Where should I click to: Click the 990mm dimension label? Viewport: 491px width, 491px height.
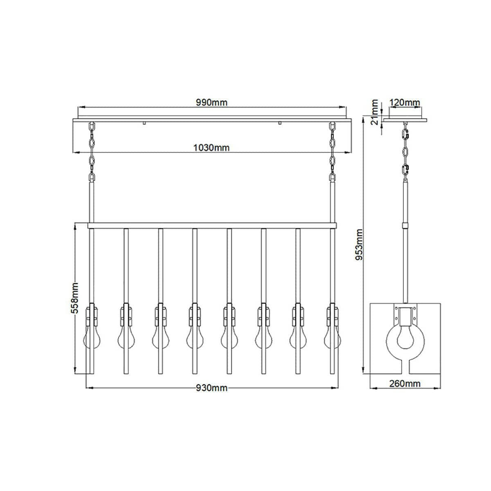point(211,102)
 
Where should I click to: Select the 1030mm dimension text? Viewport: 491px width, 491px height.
point(211,148)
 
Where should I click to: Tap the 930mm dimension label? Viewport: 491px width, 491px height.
point(212,388)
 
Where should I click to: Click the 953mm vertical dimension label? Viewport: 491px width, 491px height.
point(359,244)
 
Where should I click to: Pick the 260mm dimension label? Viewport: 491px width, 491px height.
point(405,383)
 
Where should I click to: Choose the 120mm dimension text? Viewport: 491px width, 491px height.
point(405,102)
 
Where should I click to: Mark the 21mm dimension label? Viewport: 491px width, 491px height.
point(374,112)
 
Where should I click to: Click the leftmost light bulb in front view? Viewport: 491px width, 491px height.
point(92,338)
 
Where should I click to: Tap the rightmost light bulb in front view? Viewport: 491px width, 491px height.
point(332,338)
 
